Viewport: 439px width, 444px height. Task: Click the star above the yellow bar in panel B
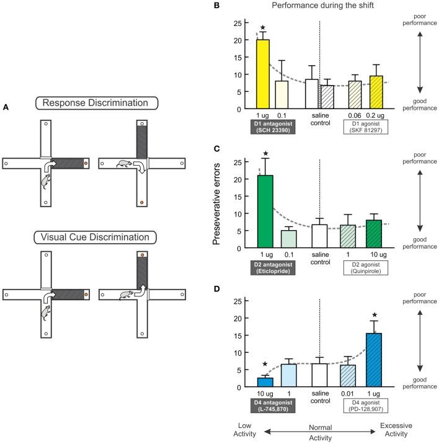coord(263,28)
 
